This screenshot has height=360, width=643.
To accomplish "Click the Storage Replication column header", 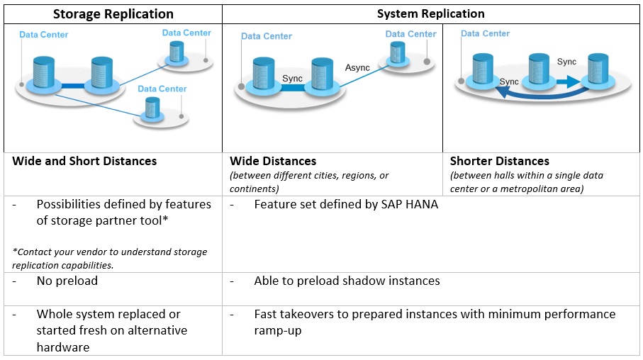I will tap(113, 13).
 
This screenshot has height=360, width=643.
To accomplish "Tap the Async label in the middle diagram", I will tap(358, 67).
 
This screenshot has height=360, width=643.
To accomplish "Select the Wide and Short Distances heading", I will tap(84, 161).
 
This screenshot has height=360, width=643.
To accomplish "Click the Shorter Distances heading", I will tap(499, 161).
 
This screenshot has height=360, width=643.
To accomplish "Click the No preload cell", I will tap(67, 281).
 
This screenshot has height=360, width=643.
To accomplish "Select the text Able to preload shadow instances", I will tap(347, 281).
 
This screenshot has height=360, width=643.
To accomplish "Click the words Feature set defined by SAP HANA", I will tap(346, 204).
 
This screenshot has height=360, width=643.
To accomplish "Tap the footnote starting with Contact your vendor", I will tap(109, 258).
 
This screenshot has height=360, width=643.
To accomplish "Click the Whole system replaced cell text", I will tap(111, 330).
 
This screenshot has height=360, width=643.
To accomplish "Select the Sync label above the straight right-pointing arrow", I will tap(566, 62).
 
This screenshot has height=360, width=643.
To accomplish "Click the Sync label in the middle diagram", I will tap(292, 78).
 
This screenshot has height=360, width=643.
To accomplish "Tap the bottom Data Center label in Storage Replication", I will tap(162, 89).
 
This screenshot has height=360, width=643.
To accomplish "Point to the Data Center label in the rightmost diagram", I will tap(485, 33).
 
